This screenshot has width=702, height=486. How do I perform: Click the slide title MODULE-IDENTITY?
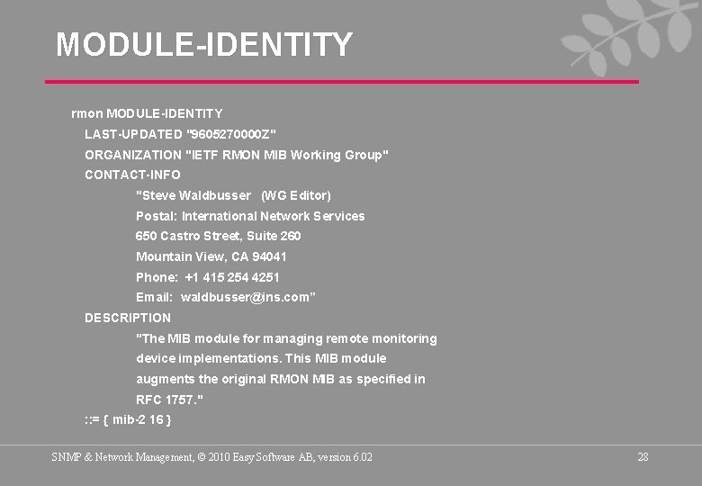pyautogui.click(x=204, y=44)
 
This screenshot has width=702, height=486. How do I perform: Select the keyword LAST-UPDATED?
pyautogui.click(x=132, y=134)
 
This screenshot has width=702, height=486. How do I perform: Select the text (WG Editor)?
pyautogui.click(x=296, y=195)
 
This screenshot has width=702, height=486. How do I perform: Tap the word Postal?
pyautogui.click(x=156, y=216)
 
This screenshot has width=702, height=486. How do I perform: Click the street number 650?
pyautogui.click(x=146, y=236)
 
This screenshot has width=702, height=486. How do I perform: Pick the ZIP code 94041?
pyautogui.click(x=269, y=256)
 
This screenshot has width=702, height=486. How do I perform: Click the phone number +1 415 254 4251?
pyautogui.click(x=232, y=277)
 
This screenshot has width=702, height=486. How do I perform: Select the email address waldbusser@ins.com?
pyautogui.click(x=247, y=297)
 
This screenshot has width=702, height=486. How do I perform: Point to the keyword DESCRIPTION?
pyautogui.click(x=128, y=318)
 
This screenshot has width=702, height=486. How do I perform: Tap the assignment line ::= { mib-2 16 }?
pyautogui.click(x=128, y=419)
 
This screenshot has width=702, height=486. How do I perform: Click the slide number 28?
pyautogui.click(x=643, y=457)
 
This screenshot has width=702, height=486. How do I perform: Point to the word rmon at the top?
pyautogui.click(x=86, y=113)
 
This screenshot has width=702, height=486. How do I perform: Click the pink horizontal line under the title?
pyautogui.click(x=342, y=82)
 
